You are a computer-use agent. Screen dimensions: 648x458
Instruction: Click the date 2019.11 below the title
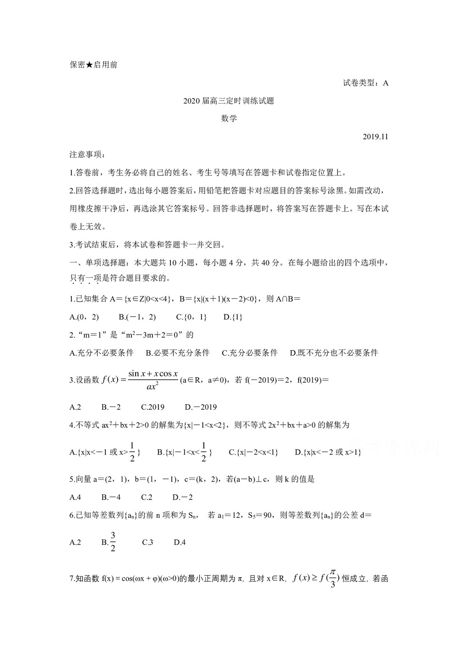pyautogui.click(x=375, y=137)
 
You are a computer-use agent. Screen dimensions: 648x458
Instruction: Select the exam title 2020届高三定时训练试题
pyautogui.click(x=229, y=101)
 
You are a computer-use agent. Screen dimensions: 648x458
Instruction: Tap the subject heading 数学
pyautogui.click(x=229, y=118)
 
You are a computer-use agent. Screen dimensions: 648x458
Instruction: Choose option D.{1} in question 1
pyautogui.click(x=233, y=317)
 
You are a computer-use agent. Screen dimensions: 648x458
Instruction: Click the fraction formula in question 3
pyautogui.click(x=153, y=380)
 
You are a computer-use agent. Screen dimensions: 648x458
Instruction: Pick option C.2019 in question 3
pyautogui.click(x=153, y=407)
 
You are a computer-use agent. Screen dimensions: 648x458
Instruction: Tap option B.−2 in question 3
pyautogui.click(x=111, y=407)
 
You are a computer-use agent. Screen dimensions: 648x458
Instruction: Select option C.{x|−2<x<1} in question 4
pyautogui.click(x=253, y=452)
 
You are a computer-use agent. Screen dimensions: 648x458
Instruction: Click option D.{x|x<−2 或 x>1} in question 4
pyautogui.click(x=328, y=452)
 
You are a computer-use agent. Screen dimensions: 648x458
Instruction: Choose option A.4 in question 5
pyautogui.click(x=75, y=497)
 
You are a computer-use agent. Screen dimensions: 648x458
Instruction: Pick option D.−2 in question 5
pyautogui.click(x=182, y=497)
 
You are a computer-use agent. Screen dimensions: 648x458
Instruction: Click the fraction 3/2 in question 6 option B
pyautogui.click(x=113, y=542)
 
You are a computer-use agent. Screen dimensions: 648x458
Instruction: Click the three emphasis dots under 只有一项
pyautogui.click(x=85, y=283)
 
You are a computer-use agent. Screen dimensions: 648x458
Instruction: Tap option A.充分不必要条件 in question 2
pyautogui.click(x=102, y=352)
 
